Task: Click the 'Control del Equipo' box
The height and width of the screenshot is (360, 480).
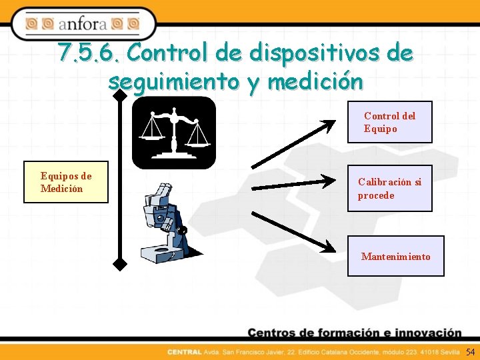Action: click(x=389, y=122)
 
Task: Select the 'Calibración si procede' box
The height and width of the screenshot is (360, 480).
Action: click(x=389, y=188)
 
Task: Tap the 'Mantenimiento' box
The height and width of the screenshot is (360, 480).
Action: click(x=395, y=256)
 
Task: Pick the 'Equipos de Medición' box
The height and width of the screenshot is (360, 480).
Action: click(x=66, y=182)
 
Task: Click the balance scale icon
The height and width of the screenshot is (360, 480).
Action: click(x=173, y=133)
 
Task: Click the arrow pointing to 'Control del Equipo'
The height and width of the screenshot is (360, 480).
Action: click(x=293, y=143)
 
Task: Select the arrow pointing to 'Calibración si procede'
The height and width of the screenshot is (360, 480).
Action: click(x=293, y=183)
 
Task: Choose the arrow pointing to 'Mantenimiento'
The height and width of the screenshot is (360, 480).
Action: click(x=293, y=232)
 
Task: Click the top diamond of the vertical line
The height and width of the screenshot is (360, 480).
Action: click(x=120, y=97)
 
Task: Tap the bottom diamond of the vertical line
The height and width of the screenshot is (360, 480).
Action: click(x=120, y=264)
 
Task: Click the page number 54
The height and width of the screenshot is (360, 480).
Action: click(x=470, y=351)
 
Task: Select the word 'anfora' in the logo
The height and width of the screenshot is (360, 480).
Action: click(x=83, y=25)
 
